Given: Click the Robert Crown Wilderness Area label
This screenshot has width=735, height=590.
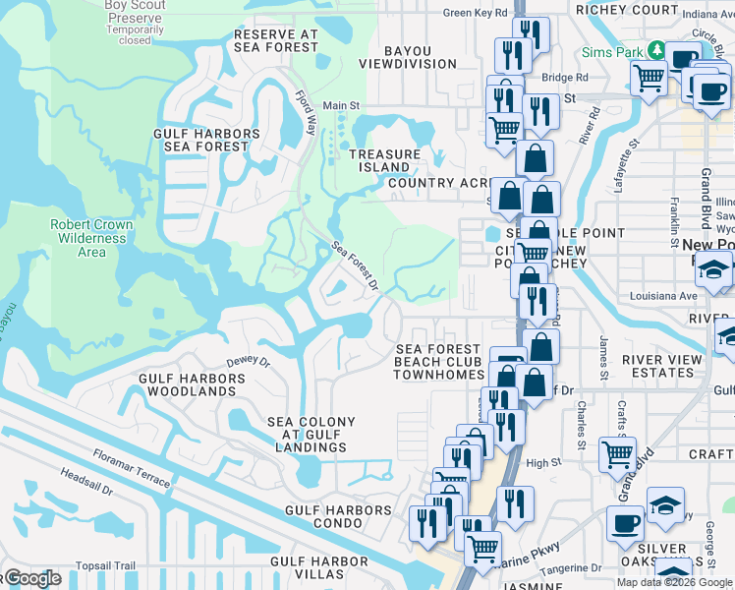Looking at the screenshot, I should [x=91, y=238].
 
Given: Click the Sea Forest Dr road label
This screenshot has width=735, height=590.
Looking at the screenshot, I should [x=355, y=265].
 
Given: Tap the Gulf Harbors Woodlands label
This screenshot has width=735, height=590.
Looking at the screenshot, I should [x=187, y=383].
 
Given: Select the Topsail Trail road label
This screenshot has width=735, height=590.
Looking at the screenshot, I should [x=105, y=565].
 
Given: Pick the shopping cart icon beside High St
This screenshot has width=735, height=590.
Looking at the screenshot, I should [x=617, y=453].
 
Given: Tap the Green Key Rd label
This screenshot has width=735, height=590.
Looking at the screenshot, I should [x=476, y=13].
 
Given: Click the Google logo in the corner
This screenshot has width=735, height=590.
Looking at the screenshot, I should [x=33, y=579].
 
